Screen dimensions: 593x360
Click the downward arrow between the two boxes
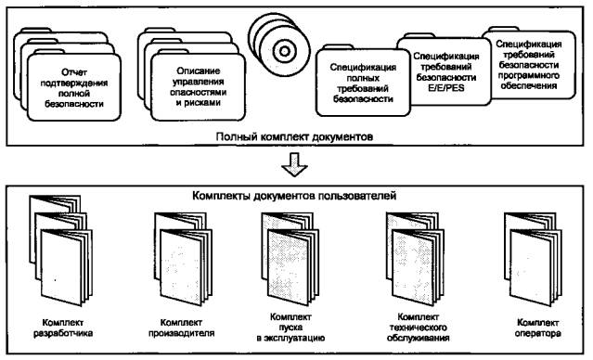(x=294, y=164)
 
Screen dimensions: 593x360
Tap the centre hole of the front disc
(x=285, y=51)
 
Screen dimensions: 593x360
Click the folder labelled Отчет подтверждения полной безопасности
(x=74, y=87)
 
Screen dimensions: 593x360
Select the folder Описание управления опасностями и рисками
(x=199, y=87)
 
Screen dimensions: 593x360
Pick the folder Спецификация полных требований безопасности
(x=363, y=83)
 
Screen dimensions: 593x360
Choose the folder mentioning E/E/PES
(x=445, y=71)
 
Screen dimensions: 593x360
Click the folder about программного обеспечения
(x=529, y=65)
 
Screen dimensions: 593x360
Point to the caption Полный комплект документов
(x=294, y=136)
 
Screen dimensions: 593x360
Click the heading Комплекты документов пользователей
(x=294, y=196)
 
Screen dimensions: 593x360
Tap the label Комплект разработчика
(x=63, y=328)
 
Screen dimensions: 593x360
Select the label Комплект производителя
(x=181, y=328)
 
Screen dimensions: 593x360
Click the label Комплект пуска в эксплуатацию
(x=290, y=328)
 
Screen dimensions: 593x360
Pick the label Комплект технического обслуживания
(x=419, y=328)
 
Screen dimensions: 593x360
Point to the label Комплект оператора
(x=537, y=328)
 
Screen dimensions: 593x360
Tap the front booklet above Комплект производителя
(x=187, y=266)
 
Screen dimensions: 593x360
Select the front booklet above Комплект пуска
(x=293, y=266)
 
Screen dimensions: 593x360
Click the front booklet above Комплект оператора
(x=535, y=266)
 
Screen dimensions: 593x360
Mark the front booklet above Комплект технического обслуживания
(x=418, y=266)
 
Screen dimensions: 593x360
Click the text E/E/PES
(x=445, y=88)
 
